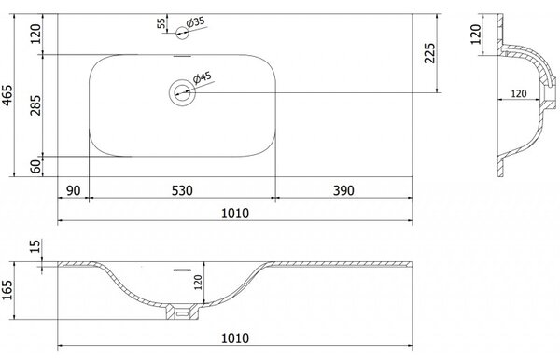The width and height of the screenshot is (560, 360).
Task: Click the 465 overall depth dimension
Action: point(7,95)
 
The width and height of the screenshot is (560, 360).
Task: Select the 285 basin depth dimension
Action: point(35,104)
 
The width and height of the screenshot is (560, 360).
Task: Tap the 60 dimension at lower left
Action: point(35,167)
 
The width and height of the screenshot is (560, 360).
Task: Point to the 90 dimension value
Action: point(73,190)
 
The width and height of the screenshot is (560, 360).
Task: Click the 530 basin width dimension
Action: point(182,190)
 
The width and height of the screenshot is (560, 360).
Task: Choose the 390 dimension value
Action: point(343,190)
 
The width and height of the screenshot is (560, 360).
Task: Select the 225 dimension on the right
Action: point(429,53)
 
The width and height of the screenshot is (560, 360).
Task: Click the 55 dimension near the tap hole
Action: point(161,23)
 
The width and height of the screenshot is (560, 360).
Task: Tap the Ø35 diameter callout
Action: point(196,22)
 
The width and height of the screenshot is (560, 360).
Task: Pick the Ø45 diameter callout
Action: point(203,77)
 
